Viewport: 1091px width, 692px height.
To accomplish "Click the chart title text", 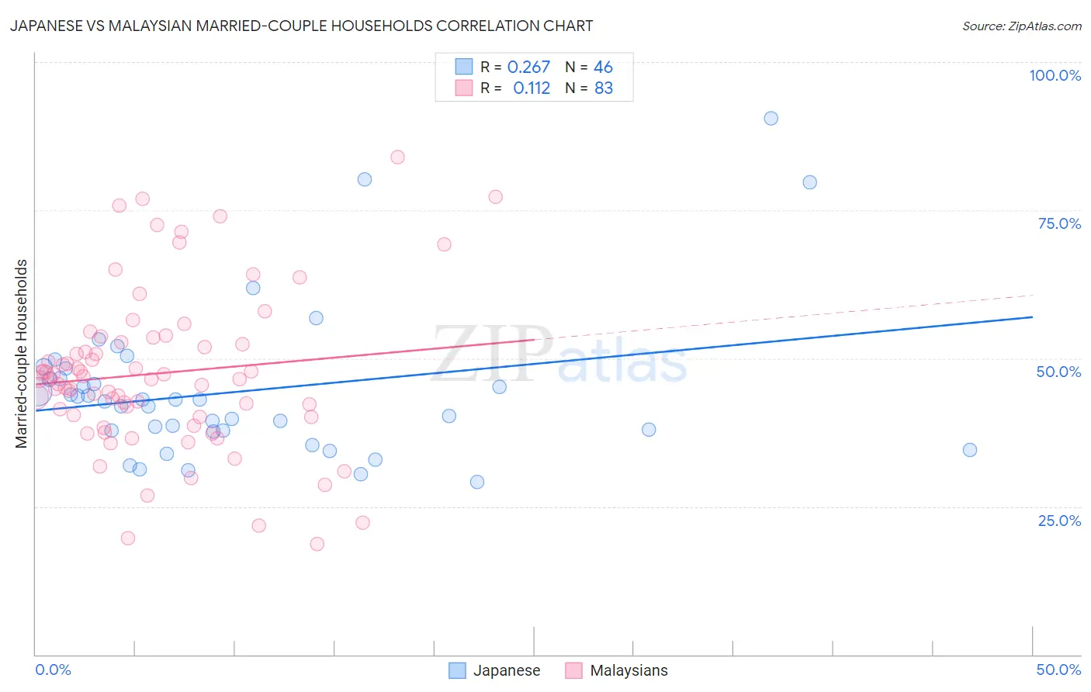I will [x=301, y=26].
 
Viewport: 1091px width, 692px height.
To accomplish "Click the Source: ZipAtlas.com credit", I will [x=1021, y=26].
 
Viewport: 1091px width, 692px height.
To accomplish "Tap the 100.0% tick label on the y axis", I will [x=1055, y=75].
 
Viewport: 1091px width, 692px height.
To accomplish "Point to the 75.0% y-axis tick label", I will [x=1059, y=223].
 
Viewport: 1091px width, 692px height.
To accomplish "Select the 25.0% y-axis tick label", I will [x=1059, y=520].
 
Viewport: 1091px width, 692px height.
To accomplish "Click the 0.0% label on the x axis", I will [x=53, y=670].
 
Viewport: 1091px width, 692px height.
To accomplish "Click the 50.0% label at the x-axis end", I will [x=1058, y=670].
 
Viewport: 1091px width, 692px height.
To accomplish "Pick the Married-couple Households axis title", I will [x=22, y=354].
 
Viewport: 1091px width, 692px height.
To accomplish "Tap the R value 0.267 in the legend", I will [x=528, y=67].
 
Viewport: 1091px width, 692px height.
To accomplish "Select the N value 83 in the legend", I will [x=604, y=88].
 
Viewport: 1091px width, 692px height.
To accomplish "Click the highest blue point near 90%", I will [x=771, y=118].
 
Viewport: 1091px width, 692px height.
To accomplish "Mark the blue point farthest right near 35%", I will [x=969, y=450].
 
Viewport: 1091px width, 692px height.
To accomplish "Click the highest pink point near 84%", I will [x=397, y=157].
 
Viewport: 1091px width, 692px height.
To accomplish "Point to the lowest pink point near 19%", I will [x=317, y=544].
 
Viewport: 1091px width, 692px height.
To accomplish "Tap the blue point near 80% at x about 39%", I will [x=809, y=182].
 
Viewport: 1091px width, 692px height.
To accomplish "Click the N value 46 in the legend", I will [x=603, y=67].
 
